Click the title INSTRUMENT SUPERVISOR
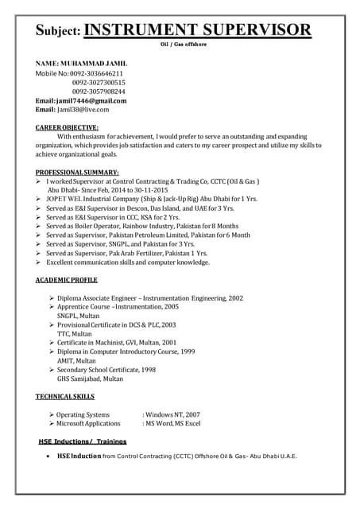[x=197, y=30]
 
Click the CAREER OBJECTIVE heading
[x=68, y=127]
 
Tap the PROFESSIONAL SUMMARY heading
[x=77, y=173]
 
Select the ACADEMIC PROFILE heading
[x=67, y=281]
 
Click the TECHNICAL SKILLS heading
[x=65, y=396]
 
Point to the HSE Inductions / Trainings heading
[x=83, y=441]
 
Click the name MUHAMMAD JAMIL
[x=93, y=62]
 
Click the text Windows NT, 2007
[x=172, y=414]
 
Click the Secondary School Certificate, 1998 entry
[x=106, y=370]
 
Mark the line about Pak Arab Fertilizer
[x=126, y=253]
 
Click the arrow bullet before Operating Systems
[x=51, y=414]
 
